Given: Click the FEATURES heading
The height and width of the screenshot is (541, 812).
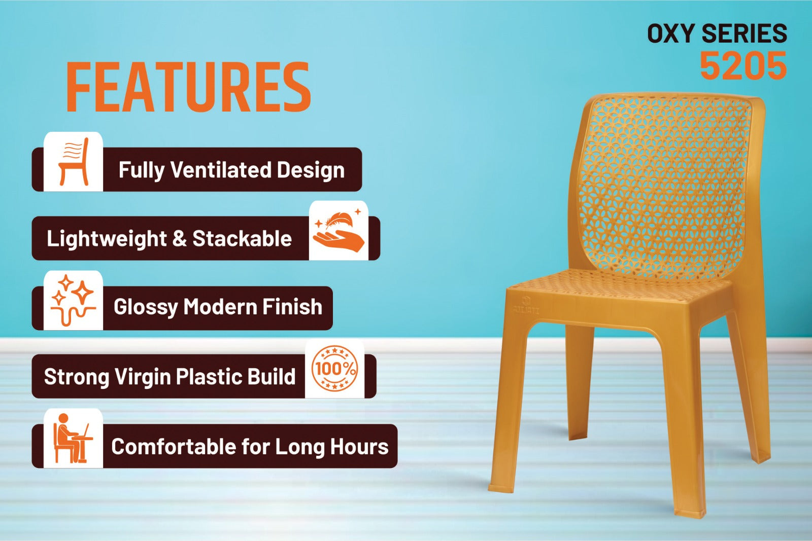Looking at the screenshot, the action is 188,87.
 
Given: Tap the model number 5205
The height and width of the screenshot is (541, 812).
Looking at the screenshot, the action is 743,66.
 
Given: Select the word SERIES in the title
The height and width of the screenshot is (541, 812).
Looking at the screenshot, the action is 744,33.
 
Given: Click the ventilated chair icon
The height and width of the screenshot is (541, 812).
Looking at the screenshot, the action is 74,162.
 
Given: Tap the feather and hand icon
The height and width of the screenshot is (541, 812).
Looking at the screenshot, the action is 339,230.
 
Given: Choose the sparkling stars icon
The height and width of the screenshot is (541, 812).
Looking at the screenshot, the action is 73,300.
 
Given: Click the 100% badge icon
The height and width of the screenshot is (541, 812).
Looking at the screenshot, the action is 334,368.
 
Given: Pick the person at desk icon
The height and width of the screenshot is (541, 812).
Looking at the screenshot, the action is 73,438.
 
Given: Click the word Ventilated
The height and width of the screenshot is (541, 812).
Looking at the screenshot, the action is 221,169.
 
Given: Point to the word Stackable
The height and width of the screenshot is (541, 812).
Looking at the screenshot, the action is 242,238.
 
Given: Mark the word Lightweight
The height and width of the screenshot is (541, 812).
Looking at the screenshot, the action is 107,239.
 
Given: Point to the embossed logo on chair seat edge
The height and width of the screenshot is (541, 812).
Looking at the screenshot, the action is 526,305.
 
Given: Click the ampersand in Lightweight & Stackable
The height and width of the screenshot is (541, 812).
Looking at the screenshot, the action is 180,239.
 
